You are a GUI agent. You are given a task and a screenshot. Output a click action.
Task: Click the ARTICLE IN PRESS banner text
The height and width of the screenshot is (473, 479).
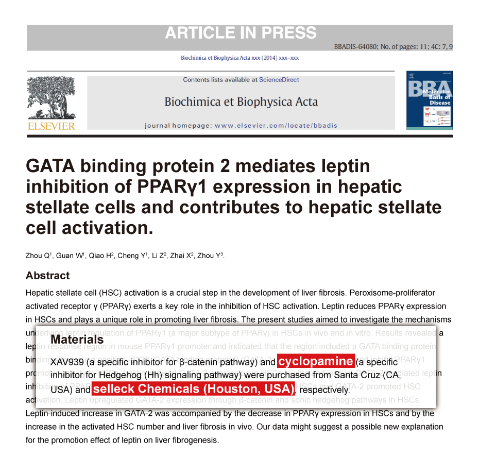click(x=241, y=33)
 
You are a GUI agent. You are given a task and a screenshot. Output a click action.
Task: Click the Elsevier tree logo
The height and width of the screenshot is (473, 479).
click(x=50, y=98)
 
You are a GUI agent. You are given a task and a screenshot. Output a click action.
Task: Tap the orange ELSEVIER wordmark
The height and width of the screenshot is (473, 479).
click(x=51, y=126)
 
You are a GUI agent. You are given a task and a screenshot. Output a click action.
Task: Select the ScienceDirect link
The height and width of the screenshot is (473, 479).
click(x=279, y=80)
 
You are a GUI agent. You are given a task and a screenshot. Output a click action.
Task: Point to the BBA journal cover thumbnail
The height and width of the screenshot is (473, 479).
click(x=429, y=100)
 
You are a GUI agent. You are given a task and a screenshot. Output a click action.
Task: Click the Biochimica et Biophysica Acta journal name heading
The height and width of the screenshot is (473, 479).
click(x=241, y=102)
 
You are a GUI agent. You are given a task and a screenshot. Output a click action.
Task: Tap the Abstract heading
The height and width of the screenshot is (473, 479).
click(x=47, y=276)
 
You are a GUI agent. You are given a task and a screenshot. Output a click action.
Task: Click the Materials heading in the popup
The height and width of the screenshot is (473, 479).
click(x=77, y=340)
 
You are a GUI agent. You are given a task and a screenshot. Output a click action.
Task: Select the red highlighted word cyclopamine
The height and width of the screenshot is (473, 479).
click(x=315, y=361)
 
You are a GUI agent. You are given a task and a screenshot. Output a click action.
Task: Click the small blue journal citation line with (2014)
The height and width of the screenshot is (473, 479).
click(x=239, y=58)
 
